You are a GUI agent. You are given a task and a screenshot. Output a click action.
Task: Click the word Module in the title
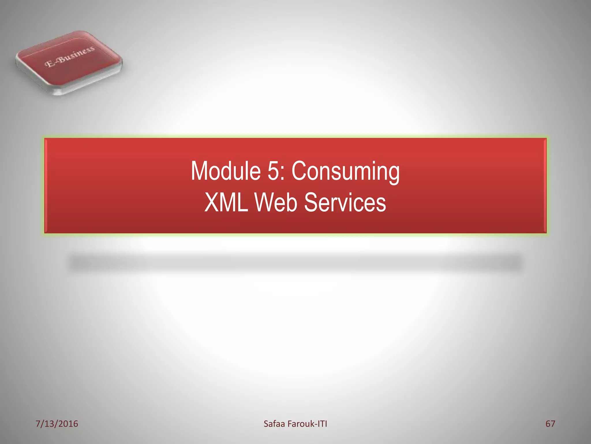[226, 171]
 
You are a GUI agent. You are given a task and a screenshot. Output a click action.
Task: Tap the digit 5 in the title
[273, 171]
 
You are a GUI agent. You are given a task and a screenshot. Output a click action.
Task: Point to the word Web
[276, 203]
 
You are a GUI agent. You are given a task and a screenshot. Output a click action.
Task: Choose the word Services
[345, 203]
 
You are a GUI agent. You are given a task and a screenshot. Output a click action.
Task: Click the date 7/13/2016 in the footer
[57, 424]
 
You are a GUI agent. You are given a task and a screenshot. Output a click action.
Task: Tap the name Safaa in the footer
[274, 424]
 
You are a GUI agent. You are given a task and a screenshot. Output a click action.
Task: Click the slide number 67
[550, 424]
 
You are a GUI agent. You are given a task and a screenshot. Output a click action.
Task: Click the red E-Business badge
[69, 62]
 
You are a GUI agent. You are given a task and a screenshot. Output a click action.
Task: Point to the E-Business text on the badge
[70, 56]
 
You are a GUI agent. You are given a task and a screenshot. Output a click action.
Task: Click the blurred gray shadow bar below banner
[295, 263]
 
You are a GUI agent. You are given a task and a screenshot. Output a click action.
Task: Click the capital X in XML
[212, 203]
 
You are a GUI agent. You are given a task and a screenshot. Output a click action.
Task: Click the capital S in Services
[311, 203]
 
